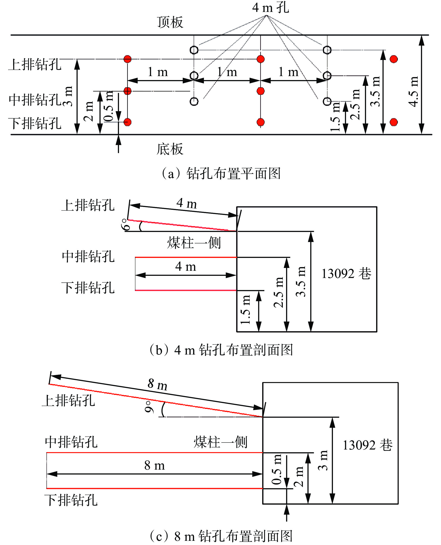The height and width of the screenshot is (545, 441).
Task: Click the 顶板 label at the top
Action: click(x=170, y=22)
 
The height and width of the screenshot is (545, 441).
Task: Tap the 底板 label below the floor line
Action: click(x=170, y=149)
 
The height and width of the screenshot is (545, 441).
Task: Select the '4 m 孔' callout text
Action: click(x=270, y=8)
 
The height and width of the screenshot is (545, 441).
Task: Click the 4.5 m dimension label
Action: click(x=413, y=91)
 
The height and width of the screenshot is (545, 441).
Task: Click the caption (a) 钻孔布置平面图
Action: click(x=221, y=173)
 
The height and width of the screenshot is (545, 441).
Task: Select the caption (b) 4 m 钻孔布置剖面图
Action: click(x=221, y=350)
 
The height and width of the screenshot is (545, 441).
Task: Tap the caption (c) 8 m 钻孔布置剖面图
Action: click(x=221, y=536)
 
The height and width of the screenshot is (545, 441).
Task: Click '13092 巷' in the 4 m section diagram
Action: click(x=346, y=274)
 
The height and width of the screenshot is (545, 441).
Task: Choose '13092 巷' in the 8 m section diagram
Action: click(x=367, y=445)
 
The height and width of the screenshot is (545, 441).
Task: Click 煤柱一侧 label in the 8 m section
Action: click(x=220, y=442)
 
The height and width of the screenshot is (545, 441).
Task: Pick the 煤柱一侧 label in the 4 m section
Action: click(x=194, y=243)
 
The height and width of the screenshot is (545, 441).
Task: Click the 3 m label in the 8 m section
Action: click(x=323, y=460)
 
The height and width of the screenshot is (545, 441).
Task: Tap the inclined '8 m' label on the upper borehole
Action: click(x=157, y=384)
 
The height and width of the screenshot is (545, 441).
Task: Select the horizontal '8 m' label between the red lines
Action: click(x=155, y=465)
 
